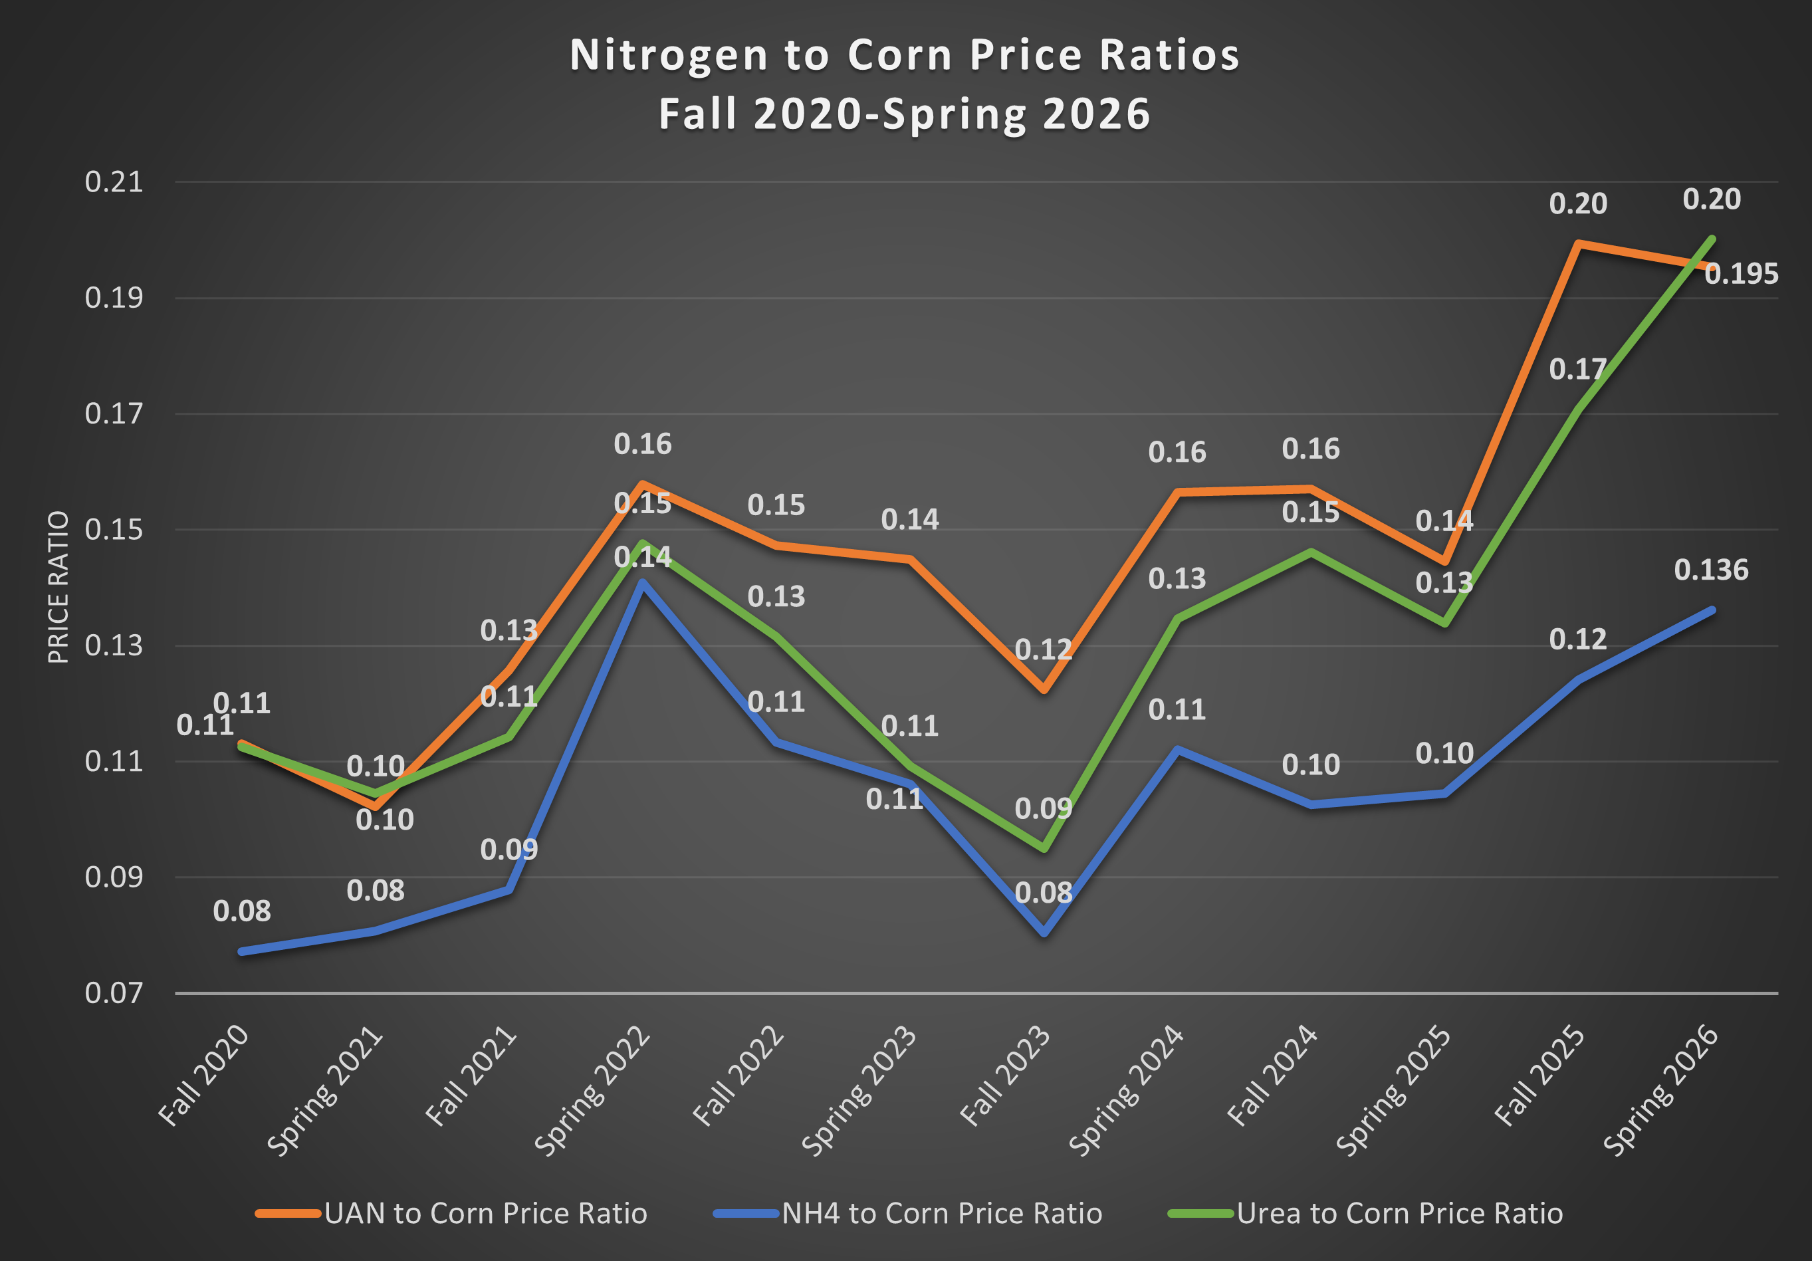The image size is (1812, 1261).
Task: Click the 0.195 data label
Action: tap(1741, 274)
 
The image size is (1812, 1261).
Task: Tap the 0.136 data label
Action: tap(1711, 570)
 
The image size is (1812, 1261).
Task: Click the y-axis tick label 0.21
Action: tap(114, 182)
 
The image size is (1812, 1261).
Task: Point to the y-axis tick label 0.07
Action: tap(114, 992)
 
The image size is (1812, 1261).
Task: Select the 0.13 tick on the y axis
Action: tap(114, 645)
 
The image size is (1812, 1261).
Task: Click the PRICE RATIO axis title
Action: tap(58, 587)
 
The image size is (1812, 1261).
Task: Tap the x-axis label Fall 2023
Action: tap(1004, 1075)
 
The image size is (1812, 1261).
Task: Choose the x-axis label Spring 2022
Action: tap(592, 1091)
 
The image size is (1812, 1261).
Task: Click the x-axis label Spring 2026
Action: tap(1660, 1091)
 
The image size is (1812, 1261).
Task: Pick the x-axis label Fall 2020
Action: tap(203, 1075)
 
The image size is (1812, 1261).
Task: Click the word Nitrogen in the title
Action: tap(669, 55)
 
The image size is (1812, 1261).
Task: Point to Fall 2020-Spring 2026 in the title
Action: tap(905, 114)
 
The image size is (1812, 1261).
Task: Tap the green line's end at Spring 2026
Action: tap(1712, 239)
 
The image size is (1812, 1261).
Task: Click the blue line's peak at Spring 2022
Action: tap(643, 583)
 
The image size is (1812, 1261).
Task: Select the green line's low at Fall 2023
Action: tap(1044, 848)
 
